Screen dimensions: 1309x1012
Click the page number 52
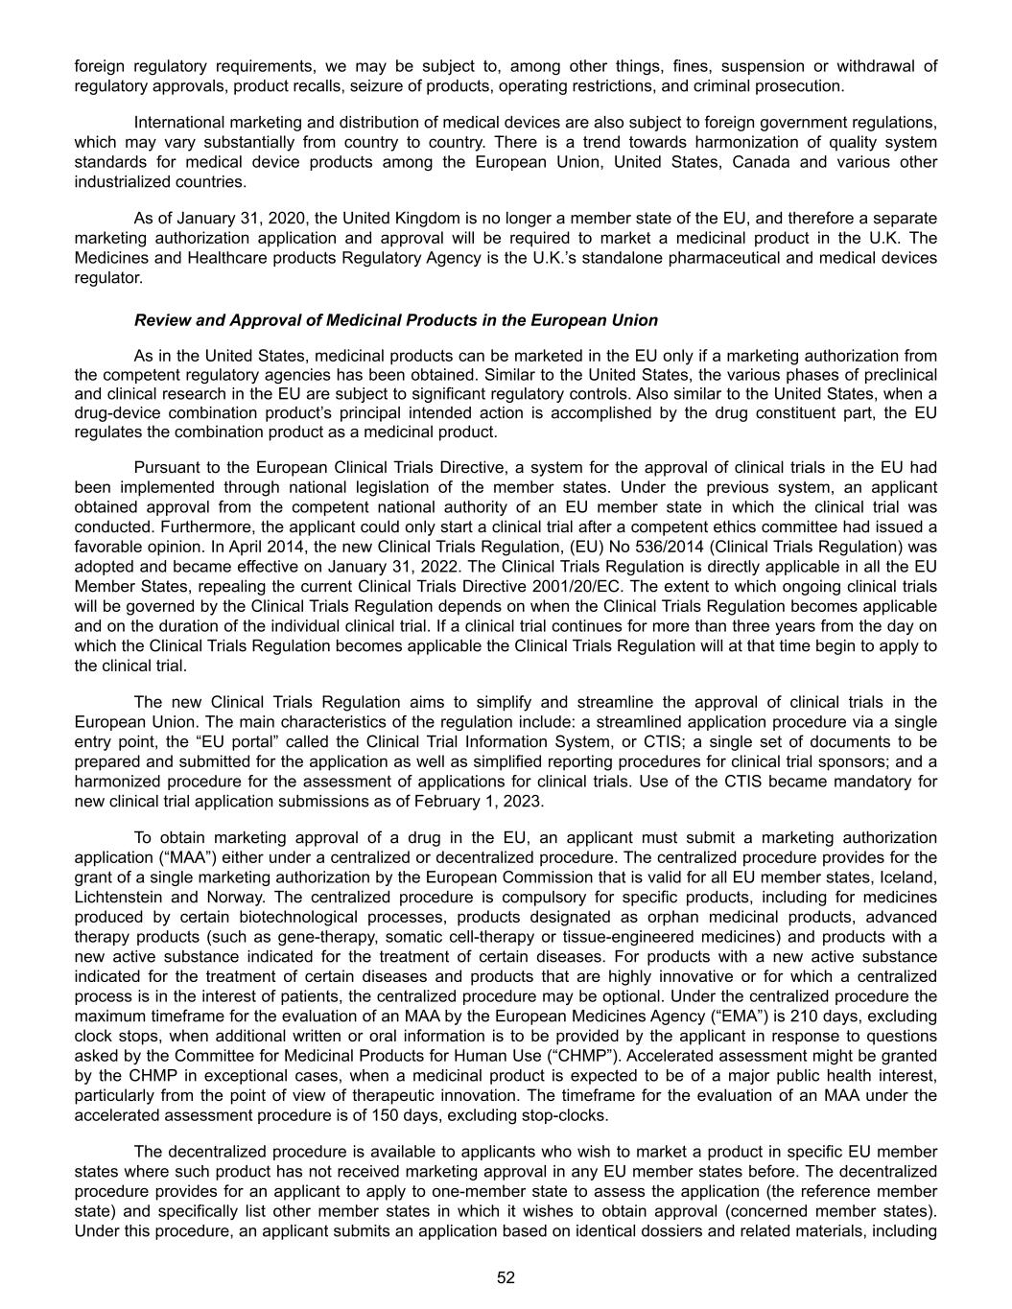pyautogui.click(x=506, y=1277)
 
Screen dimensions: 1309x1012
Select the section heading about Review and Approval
pyautogui.click(x=396, y=320)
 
